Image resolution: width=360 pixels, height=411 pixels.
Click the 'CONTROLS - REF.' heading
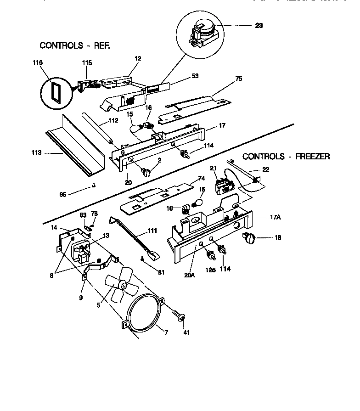click(75, 45)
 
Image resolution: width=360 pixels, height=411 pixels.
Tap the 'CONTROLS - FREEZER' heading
click(286, 157)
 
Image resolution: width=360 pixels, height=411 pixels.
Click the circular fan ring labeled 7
click(143, 312)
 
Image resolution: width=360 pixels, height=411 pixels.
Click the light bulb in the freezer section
click(199, 202)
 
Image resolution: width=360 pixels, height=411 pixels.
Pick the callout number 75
click(238, 79)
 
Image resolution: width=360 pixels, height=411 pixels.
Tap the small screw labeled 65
click(94, 186)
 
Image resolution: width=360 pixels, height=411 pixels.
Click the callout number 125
click(210, 270)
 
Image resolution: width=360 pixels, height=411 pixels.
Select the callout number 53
click(195, 76)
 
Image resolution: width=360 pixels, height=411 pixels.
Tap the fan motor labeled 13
click(81, 250)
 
